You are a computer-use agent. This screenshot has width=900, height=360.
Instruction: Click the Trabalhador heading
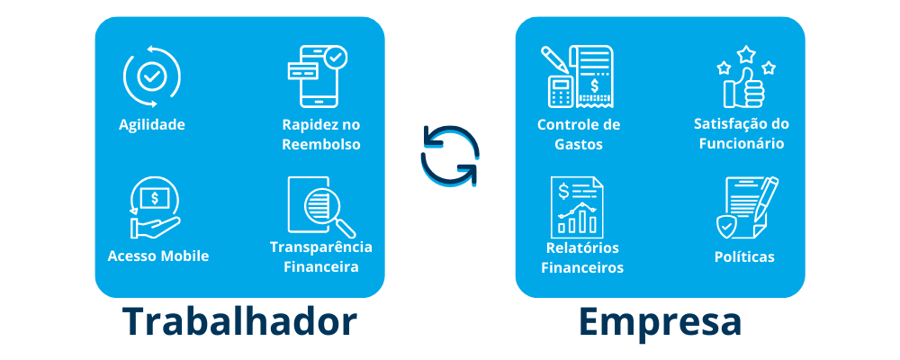point(240,322)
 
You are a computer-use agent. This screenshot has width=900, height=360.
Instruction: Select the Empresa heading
point(660,322)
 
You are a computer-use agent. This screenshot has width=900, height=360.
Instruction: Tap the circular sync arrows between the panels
point(450,155)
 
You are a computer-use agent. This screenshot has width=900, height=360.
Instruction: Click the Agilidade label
point(152,124)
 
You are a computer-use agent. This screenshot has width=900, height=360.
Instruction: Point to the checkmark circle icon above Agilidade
point(151,76)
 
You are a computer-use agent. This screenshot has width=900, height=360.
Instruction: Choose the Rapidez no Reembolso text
point(321,134)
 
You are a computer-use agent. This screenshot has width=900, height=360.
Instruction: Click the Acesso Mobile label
point(158,256)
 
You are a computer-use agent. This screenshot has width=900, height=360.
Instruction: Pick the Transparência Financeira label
point(321,256)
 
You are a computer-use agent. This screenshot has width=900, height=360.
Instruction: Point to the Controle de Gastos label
point(579,134)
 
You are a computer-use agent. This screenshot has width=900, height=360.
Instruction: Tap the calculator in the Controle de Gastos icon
point(562,91)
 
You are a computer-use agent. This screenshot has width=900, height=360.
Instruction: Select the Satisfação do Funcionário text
point(742,133)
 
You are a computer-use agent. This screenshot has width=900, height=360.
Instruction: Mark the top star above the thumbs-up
point(745,55)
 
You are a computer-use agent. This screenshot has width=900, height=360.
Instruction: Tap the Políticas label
point(744,256)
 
